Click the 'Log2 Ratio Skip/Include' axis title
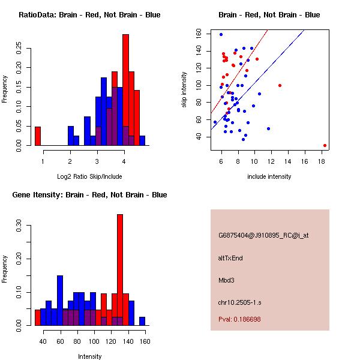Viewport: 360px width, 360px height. (x=89, y=176)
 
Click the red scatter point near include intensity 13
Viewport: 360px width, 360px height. (x=280, y=85)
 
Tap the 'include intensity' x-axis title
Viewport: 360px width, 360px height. (x=269, y=176)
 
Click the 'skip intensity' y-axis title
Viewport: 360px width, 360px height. (x=185, y=90)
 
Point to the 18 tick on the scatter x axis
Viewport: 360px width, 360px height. (x=322, y=160)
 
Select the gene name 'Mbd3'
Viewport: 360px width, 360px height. (x=226, y=280)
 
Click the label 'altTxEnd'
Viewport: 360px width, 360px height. (x=230, y=258)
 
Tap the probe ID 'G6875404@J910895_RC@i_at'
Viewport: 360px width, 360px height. (x=263, y=236)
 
